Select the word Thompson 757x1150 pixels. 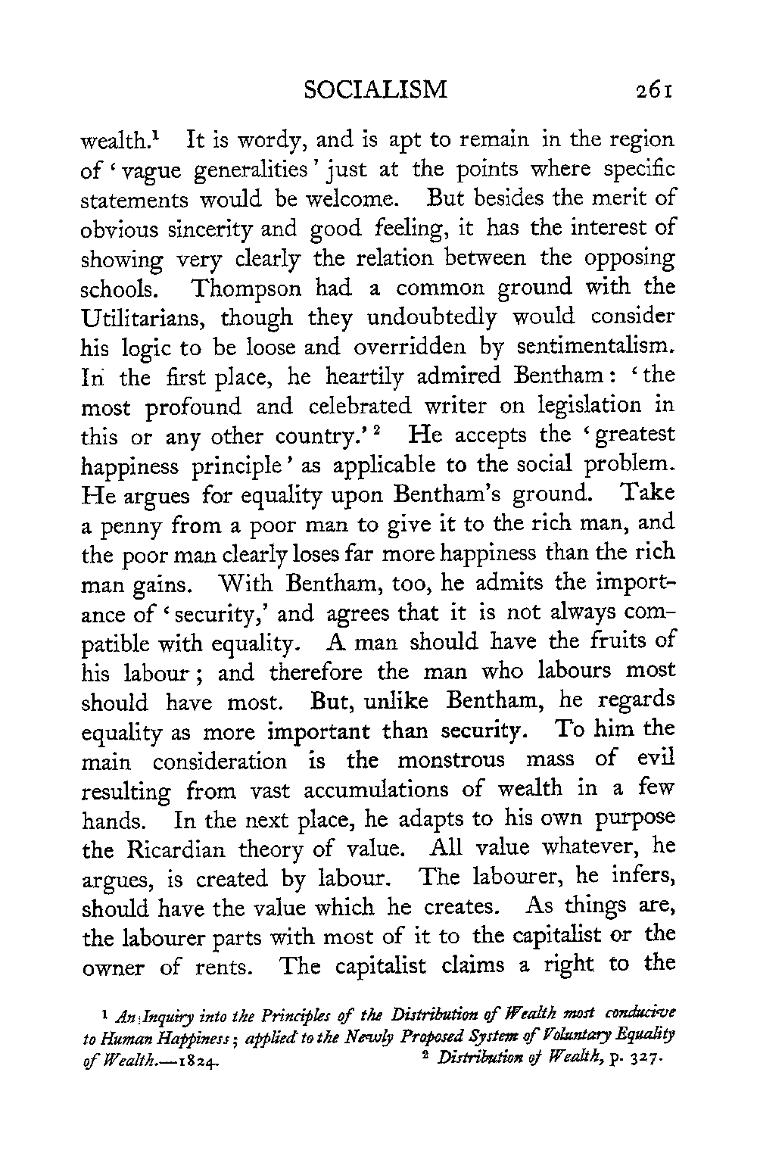[x=245, y=288]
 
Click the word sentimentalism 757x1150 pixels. [x=594, y=346]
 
